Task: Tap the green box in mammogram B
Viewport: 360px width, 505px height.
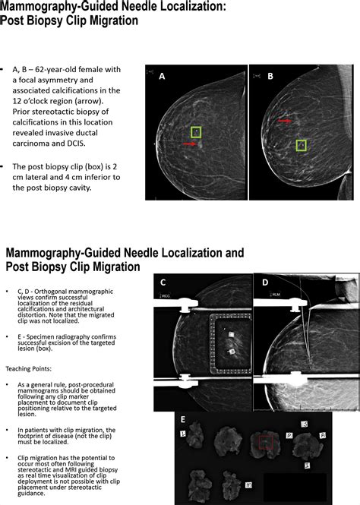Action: (x=301, y=144)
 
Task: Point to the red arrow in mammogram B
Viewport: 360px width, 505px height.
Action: (x=284, y=120)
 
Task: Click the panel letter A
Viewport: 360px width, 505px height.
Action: (x=162, y=76)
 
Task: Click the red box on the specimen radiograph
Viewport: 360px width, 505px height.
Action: (x=264, y=443)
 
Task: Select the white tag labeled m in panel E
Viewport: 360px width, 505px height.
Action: (x=249, y=483)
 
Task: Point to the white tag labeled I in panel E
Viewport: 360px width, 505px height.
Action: (x=306, y=462)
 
